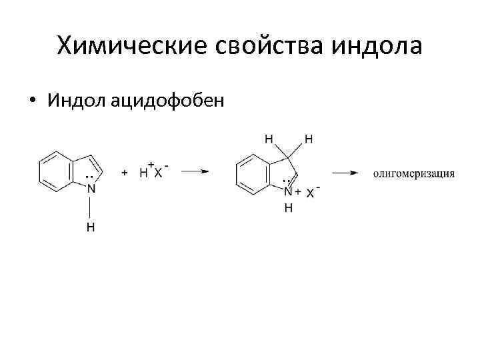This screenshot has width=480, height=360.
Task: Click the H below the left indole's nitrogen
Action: (91, 228)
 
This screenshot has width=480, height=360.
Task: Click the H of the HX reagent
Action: (143, 173)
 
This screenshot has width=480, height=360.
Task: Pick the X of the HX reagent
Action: (157, 173)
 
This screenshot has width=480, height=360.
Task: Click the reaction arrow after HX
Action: (195, 171)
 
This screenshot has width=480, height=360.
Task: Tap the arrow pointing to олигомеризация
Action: (348, 172)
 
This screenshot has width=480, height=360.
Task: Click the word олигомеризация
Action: (413, 173)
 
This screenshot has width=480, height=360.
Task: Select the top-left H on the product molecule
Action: (269, 139)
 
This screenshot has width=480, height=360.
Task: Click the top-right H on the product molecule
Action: (308, 139)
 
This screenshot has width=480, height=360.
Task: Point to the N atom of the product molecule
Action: (288, 192)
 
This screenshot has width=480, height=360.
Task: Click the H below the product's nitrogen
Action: (288, 207)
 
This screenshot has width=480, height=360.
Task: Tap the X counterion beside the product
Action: (311, 192)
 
